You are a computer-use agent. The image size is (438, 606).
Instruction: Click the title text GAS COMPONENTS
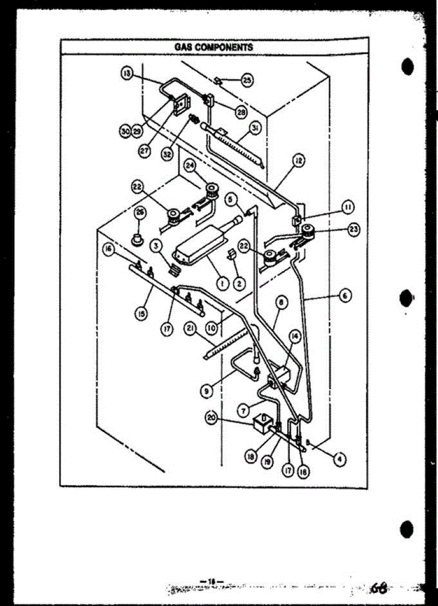click(x=213, y=47)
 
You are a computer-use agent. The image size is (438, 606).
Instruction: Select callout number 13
click(x=126, y=73)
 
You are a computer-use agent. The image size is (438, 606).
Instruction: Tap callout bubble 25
click(x=247, y=79)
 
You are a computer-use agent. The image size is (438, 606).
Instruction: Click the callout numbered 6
click(x=346, y=295)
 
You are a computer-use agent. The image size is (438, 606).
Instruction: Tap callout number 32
click(x=167, y=154)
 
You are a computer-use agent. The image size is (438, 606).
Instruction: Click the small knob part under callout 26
click(x=137, y=238)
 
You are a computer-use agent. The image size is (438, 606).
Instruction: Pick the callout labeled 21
click(x=190, y=329)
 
